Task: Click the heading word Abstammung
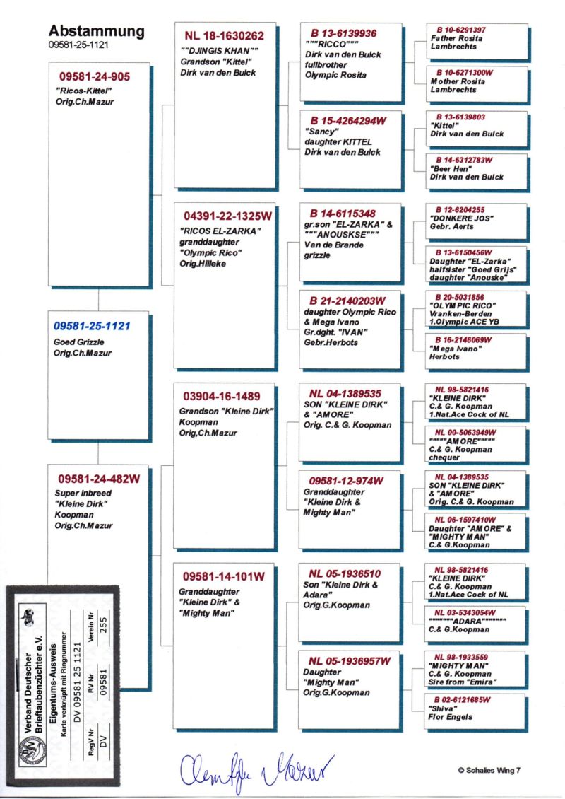96,31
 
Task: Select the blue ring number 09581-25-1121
93,326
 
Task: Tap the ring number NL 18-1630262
225,35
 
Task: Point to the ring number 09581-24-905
95,77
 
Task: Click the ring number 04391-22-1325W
227,214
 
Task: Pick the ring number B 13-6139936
343,33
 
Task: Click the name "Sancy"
321,132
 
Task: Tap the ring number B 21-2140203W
348,301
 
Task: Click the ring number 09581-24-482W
99,479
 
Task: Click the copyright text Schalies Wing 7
488,770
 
